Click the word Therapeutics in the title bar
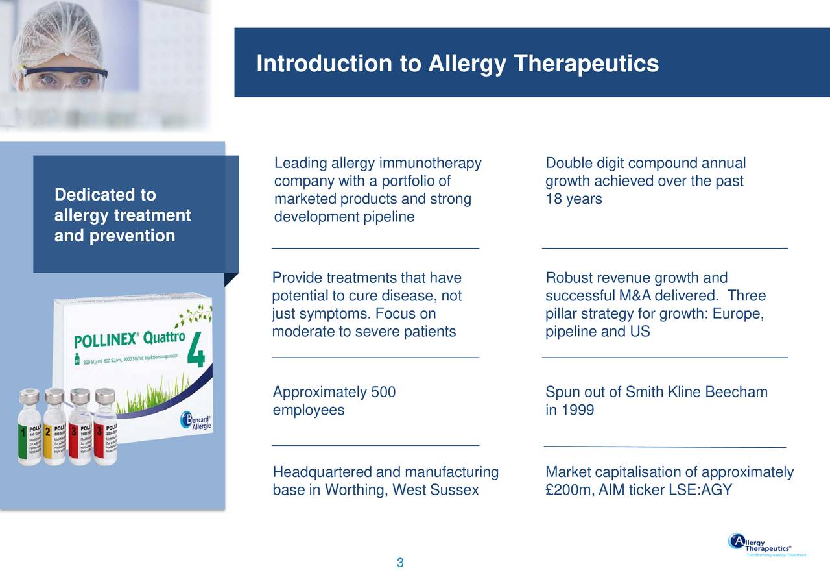(586, 64)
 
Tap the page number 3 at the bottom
(400, 563)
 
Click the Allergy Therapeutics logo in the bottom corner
(765, 545)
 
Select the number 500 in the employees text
(383, 392)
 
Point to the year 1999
(578, 410)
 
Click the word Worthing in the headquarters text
(355, 490)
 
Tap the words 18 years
(574, 199)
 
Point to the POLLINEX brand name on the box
(104, 341)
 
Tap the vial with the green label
(29, 428)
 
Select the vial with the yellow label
(54, 428)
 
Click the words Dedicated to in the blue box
(105, 195)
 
